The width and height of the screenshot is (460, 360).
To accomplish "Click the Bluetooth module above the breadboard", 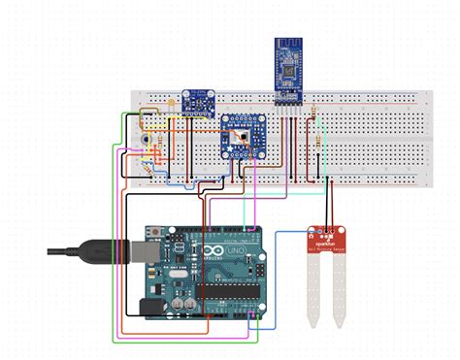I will [x=288, y=73].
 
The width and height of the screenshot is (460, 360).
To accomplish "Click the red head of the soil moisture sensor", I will [x=325, y=239].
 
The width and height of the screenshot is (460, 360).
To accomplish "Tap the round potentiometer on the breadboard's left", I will [x=145, y=140].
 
